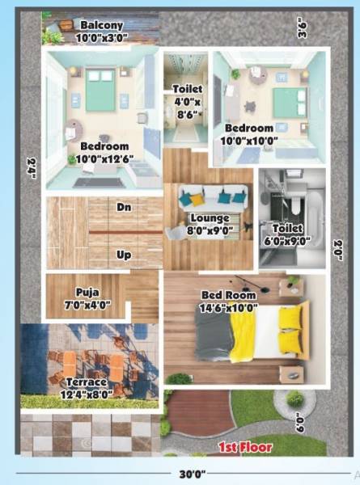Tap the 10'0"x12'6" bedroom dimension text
pos(104,158)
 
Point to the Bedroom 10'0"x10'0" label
pos(249,133)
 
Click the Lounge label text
pos(210,218)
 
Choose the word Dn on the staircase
pos(124,208)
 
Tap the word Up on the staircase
pos(124,255)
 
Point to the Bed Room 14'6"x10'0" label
pos(230,302)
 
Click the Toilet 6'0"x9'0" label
pos(287,234)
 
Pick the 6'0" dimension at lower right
pos(300,422)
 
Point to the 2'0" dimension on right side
pos(338,251)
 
